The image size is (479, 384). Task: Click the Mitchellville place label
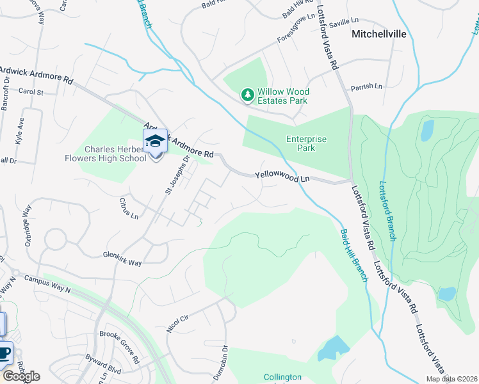click(379, 35)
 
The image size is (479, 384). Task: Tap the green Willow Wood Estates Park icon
click(247, 95)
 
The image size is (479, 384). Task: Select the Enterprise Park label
click(306, 143)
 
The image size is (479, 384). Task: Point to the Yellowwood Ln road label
click(282, 176)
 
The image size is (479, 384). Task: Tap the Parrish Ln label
click(366, 86)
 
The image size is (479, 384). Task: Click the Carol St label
click(30, 92)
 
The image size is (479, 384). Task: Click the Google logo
click(20, 376)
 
